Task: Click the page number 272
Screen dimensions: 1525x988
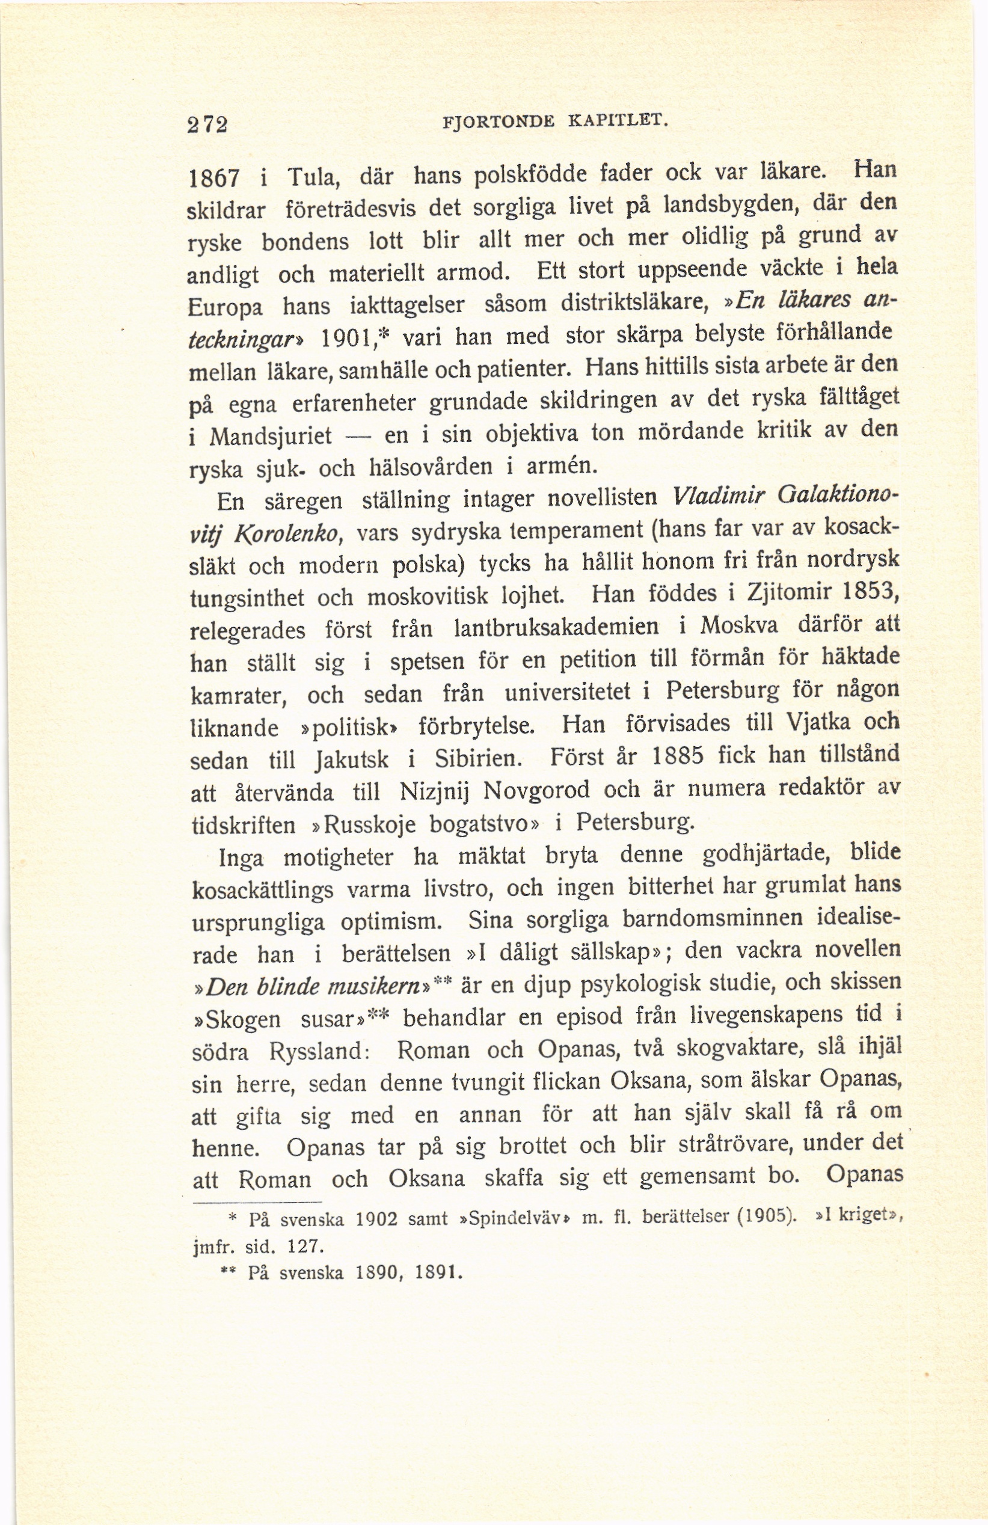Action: click(x=207, y=124)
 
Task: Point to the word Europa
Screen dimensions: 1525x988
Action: click(x=224, y=308)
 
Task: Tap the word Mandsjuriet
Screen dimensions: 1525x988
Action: click(x=271, y=437)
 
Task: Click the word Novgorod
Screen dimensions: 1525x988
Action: click(x=536, y=790)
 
